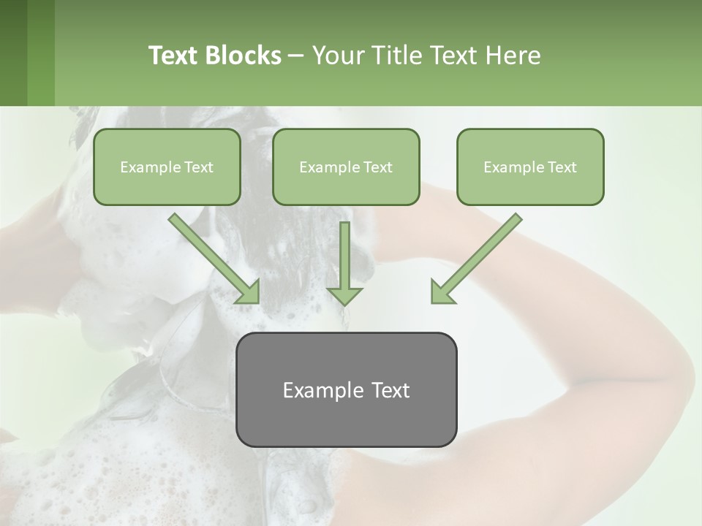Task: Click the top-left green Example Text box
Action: [x=167, y=167]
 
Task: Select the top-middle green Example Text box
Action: [x=346, y=167]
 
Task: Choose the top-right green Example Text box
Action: [x=530, y=167]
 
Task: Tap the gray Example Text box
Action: [x=346, y=389]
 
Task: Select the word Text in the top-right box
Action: [x=562, y=167]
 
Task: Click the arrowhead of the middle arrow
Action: [x=344, y=294]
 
